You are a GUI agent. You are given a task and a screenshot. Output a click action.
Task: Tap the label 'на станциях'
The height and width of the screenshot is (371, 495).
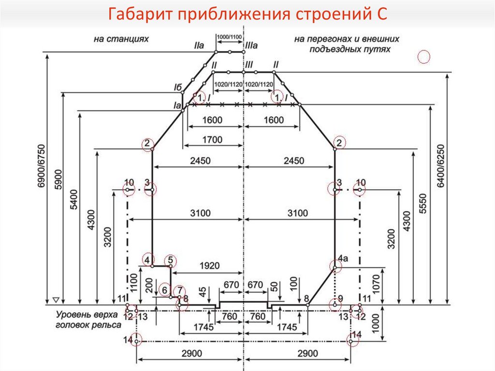coord(121,38)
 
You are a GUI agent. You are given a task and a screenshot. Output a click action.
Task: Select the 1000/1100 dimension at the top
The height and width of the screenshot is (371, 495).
coord(230,37)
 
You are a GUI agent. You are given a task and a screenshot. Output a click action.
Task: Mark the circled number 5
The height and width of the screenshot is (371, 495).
coord(170,260)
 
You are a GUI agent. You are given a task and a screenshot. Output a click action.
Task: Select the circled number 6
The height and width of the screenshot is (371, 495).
coord(164,290)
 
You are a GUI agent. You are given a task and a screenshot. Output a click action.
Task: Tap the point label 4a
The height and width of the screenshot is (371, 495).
coord(343,259)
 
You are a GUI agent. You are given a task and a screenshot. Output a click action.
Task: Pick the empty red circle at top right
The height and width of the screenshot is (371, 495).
coord(423,57)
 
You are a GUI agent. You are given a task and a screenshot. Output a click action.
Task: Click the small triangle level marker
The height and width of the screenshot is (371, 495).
coord(56,299)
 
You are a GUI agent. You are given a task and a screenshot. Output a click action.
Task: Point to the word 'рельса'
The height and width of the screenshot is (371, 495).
coord(107,325)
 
